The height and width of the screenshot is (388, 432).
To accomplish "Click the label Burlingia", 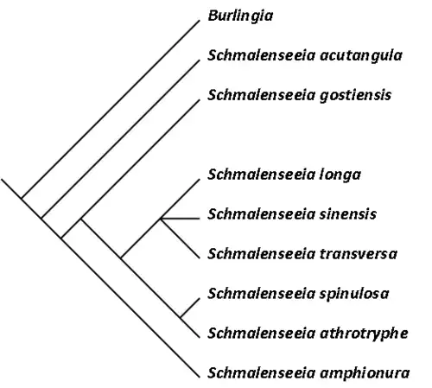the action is coord(240,16).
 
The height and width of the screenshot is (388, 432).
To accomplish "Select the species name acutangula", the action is coord(361,55).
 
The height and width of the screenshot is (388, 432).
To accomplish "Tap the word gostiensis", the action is coord(355,95).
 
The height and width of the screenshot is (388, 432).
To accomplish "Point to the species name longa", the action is coord(340,175).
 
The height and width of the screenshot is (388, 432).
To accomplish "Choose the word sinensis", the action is coord(348,214).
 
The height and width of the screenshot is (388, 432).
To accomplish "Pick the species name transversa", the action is coord(359,254).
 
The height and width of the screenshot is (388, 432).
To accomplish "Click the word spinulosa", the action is coord(354,294).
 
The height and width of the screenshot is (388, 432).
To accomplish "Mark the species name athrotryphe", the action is coord(364,334).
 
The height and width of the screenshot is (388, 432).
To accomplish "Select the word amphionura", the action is coord(365,373).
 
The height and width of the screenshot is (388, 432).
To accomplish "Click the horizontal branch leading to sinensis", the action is coord(181,219).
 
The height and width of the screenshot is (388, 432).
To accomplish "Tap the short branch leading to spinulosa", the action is coord(190,308).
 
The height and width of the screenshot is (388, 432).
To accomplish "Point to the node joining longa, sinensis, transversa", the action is coord(161,219).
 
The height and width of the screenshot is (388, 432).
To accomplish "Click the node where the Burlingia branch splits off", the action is coord(22,199).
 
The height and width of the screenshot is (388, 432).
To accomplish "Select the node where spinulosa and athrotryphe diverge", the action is coord(181,317).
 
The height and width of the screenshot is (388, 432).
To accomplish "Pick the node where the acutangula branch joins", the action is coord(41,219).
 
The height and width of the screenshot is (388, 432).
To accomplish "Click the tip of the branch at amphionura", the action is coord(200,377).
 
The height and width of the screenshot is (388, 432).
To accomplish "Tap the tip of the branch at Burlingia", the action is coord(200,21).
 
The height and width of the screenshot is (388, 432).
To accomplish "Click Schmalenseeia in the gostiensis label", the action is coord(261,95).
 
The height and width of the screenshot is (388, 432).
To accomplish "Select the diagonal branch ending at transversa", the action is coord(180,239).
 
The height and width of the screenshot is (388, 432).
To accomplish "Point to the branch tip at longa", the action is coord(200,180).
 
